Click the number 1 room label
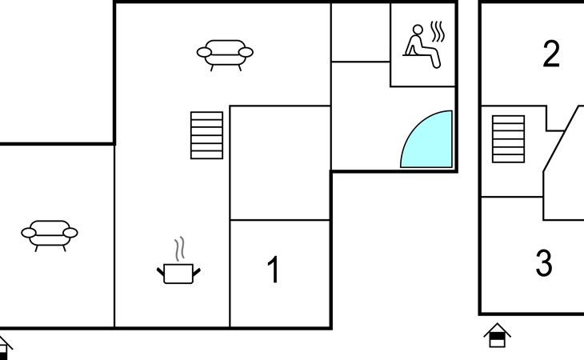(274, 270)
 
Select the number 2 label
(550, 55)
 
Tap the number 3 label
(544, 263)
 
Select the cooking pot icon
(178, 273)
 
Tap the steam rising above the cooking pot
(181, 246)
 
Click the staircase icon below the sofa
(206, 134)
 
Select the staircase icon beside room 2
(508, 139)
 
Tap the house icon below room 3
(497, 334)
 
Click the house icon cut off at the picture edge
(4, 346)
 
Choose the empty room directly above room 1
(280, 162)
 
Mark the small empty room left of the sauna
(360, 32)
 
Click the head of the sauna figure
(416, 30)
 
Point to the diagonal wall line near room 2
(562, 138)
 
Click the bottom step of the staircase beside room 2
(508, 158)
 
